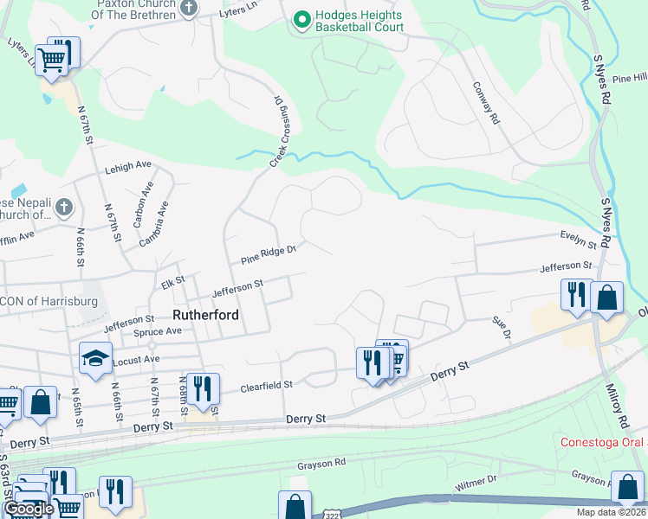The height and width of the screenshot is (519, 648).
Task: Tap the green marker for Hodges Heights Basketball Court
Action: (301, 19)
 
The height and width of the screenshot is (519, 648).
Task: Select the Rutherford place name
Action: (205, 316)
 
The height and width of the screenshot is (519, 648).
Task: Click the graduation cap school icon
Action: (94, 358)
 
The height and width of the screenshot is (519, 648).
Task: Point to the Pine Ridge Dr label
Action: (269, 254)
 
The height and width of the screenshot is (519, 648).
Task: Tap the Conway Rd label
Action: (488, 101)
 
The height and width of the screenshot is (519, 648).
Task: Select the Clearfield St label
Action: (268, 383)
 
